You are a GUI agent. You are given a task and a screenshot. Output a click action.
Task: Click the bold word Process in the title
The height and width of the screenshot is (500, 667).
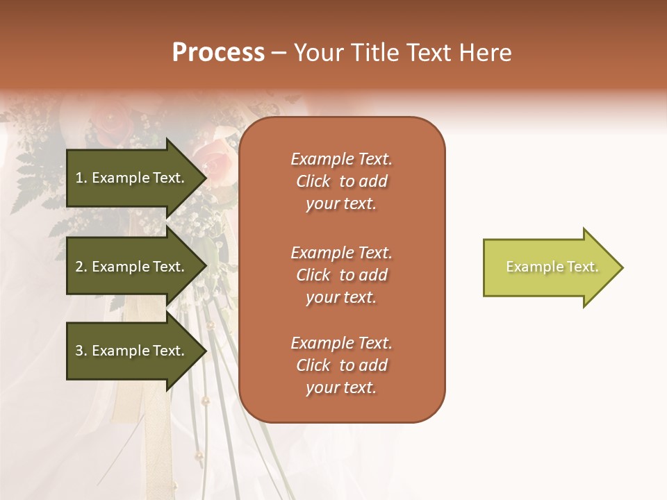click(x=218, y=53)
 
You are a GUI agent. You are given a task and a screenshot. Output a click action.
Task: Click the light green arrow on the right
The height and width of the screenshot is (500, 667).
click(x=549, y=267)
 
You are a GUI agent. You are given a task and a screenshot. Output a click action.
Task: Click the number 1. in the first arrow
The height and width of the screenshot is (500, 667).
click(x=81, y=178)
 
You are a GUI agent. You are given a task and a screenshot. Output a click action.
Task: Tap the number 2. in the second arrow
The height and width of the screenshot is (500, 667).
click(x=81, y=267)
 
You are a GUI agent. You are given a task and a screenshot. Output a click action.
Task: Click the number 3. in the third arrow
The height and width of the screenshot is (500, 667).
click(x=81, y=351)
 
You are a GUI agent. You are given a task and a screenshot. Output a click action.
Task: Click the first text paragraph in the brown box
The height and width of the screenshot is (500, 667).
click(x=341, y=181)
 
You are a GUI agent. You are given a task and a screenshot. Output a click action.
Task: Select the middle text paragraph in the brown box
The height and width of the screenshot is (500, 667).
click(x=341, y=275)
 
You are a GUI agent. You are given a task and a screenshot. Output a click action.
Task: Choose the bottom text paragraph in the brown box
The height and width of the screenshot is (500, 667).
click(x=341, y=365)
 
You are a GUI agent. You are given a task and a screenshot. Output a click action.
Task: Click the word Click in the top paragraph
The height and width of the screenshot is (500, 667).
click(x=313, y=181)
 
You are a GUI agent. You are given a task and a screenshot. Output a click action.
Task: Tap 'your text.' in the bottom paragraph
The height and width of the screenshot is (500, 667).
click(x=341, y=387)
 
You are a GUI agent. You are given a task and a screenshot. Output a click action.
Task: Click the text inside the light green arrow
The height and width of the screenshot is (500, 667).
click(x=552, y=267)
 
